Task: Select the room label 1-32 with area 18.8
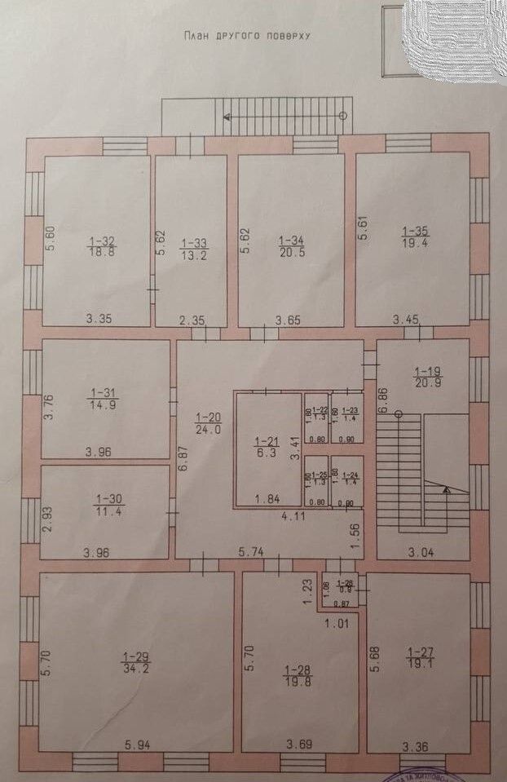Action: point(102,245)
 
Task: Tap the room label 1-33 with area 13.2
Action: point(193,247)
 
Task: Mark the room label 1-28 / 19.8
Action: point(296,676)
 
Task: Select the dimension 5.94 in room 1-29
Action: point(139,744)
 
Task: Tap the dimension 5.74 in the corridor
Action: point(253,552)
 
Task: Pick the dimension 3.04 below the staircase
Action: point(422,552)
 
